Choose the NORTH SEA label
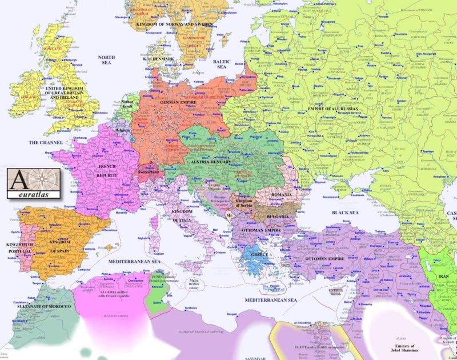pos(106,61)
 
